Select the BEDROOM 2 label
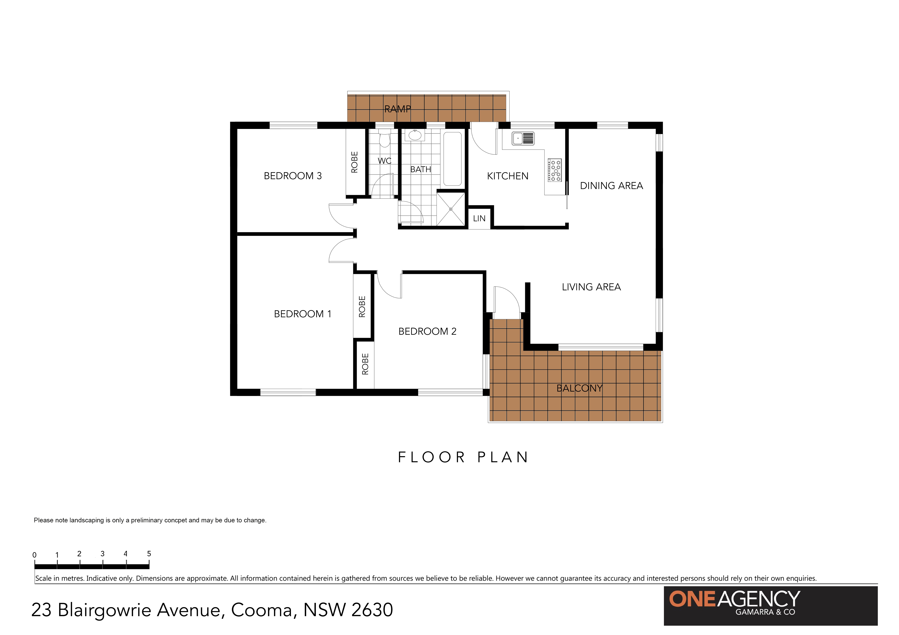click(427, 331)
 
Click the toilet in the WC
click(384, 139)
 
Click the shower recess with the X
click(451, 209)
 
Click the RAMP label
click(397, 109)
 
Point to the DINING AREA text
click(611, 186)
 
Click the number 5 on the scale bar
click(149, 554)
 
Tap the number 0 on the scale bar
click(34, 555)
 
